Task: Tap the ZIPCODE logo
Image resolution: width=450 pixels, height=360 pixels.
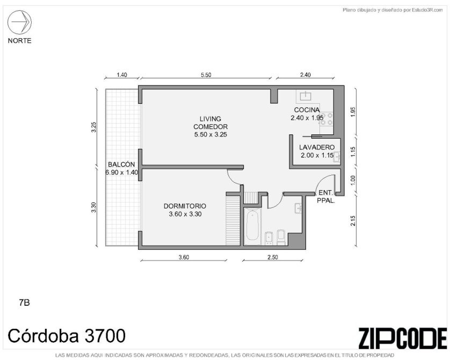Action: (x=402, y=339)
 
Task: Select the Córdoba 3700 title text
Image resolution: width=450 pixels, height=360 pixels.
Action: (x=67, y=336)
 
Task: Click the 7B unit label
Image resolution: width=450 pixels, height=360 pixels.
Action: (x=24, y=303)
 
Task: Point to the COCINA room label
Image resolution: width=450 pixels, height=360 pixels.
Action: (x=307, y=110)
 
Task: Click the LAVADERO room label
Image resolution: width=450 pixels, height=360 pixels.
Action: (x=317, y=147)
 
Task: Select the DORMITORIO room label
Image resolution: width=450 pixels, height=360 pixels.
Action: (x=185, y=206)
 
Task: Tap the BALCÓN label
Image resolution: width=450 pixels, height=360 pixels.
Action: (x=121, y=164)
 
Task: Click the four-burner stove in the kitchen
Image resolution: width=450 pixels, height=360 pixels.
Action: (x=326, y=119)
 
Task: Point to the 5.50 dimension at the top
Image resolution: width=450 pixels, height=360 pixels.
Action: (x=206, y=75)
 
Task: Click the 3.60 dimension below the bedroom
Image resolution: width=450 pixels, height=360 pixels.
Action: (x=184, y=257)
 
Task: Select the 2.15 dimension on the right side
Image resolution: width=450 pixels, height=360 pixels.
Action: (x=353, y=221)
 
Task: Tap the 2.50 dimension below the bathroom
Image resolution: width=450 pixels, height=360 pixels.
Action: (x=273, y=257)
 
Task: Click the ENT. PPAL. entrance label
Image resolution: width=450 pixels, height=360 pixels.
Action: (x=326, y=197)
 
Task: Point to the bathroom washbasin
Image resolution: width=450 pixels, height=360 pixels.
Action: (x=298, y=208)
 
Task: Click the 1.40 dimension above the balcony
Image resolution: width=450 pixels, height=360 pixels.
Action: (x=122, y=75)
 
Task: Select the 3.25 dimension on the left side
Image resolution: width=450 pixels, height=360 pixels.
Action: (x=94, y=127)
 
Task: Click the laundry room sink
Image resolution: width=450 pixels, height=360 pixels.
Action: (x=337, y=157)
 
